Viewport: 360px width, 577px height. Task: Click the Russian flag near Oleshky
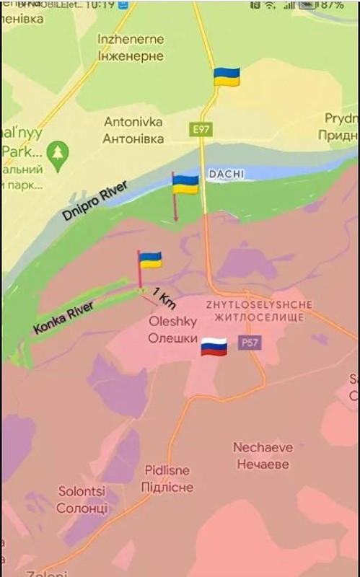click(214, 347)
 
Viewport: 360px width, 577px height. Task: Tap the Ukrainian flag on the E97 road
click(227, 77)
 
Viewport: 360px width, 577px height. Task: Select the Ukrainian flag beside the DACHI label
click(186, 184)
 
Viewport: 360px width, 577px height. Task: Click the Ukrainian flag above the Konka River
click(150, 260)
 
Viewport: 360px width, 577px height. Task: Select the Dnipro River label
click(95, 201)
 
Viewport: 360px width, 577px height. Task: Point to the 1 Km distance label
click(165, 299)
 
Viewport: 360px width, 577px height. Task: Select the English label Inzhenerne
click(131, 39)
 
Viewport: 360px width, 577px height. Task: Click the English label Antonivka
click(133, 122)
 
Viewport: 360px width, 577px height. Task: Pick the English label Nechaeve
click(263, 447)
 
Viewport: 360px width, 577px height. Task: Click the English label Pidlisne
click(167, 470)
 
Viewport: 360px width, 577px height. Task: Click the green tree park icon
click(57, 152)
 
